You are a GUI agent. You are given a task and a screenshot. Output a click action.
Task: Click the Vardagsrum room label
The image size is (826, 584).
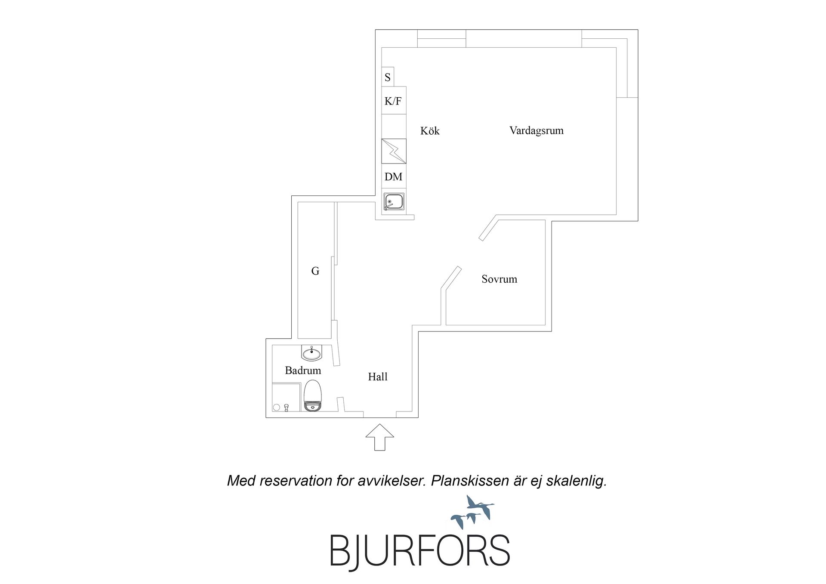[536, 131]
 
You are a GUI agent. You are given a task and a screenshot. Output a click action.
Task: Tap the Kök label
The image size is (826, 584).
[430, 131]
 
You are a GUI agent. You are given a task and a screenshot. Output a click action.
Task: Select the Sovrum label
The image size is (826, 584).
[499, 279]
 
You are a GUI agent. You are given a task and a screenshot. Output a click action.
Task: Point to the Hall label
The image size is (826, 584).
[378, 377]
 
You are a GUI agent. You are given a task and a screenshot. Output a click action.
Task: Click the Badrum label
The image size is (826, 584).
[303, 371]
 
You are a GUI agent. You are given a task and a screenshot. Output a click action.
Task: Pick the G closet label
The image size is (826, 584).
[315, 271]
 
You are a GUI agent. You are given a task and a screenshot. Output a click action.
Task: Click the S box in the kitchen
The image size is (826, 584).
[388, 77]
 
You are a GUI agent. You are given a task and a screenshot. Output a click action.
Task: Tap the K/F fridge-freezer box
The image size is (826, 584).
[394, 101]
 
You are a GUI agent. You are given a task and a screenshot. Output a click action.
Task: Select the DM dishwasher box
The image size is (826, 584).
[394, 176]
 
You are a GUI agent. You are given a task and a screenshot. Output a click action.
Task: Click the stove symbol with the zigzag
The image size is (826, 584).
[394, 151]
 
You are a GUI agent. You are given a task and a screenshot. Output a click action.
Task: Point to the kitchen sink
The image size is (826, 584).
[394, 202]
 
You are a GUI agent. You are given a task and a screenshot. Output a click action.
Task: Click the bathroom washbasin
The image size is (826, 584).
[311, 353]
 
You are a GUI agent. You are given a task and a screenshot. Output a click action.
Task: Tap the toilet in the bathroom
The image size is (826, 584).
[312, 396]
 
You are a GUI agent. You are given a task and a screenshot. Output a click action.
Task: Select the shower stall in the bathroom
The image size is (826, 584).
[286, 397]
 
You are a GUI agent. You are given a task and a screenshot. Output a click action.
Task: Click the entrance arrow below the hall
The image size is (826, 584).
[380, 437]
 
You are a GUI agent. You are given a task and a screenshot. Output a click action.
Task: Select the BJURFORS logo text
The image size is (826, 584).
[420, 550]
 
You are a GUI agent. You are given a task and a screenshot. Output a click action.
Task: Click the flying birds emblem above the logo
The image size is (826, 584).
[472, 512]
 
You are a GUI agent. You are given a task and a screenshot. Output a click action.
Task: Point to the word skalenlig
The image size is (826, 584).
[576, 481]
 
